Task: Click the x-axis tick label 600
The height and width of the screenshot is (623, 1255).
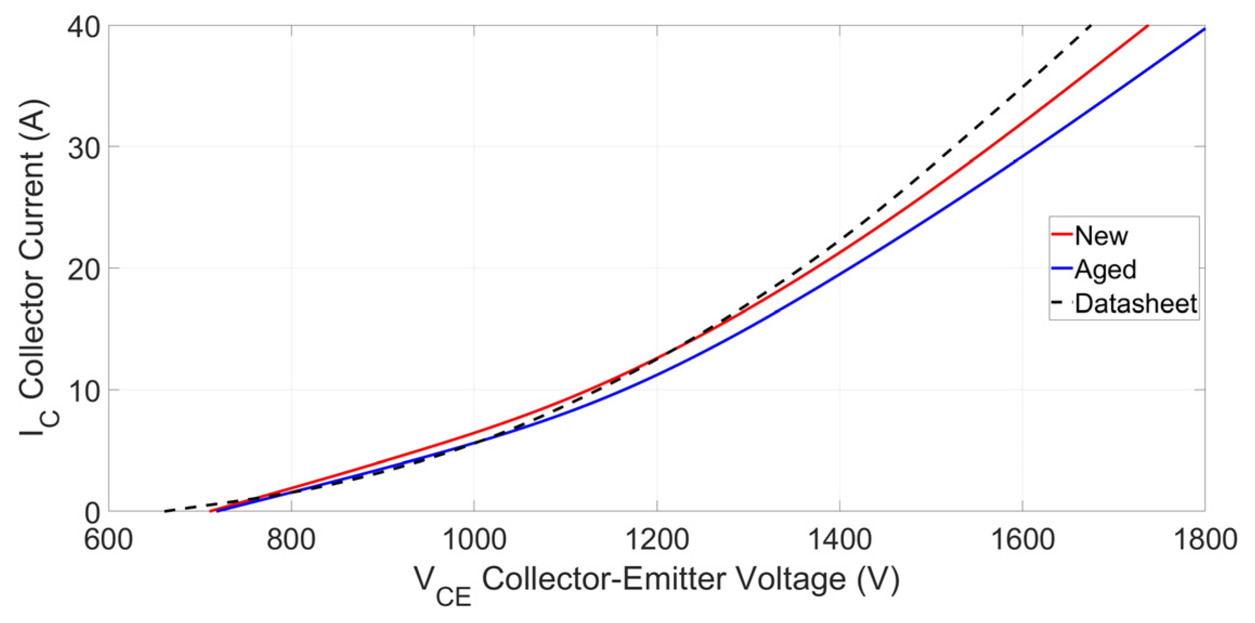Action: point(108,540)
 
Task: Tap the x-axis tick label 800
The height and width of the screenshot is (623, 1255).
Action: point(291,540)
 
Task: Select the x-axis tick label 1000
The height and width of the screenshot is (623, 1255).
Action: point(474,540)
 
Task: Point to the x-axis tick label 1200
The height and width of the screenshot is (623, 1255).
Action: point(656,540)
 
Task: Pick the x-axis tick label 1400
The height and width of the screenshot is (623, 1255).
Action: point(840,540)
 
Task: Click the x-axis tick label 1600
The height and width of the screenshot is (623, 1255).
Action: point(1022,540)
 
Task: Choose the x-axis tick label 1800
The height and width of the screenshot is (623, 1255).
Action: point(1205,540)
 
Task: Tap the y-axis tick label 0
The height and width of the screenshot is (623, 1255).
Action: point(92,512)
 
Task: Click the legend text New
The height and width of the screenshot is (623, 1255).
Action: point(1101,236)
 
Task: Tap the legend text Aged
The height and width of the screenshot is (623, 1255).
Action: point(1105,270)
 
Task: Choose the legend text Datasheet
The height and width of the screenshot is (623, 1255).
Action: point(1135,303)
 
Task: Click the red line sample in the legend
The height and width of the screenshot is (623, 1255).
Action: point(1061,235)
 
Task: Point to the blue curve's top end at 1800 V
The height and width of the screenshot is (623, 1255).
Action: point(1204,29)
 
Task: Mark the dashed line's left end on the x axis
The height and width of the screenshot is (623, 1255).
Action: point(165,511)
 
